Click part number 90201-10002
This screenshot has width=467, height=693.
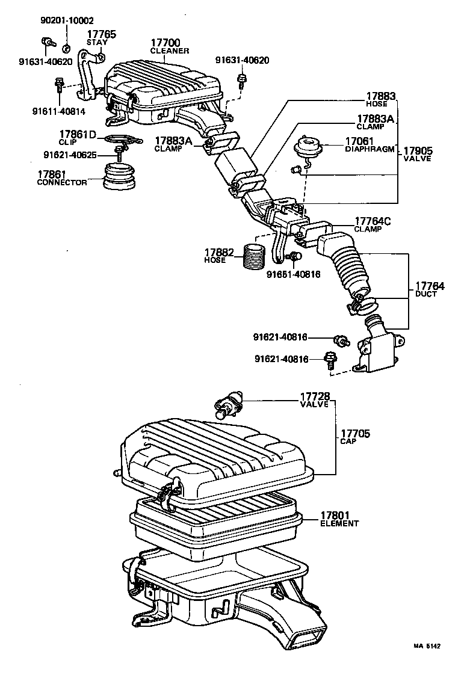pyautogui.click(x=67, y=20)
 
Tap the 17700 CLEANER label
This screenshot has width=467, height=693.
pyautogui.click(x=169, y=46)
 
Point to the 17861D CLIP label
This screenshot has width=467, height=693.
pyautogui.click(x=78, y=137)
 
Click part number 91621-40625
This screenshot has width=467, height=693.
pyautogui.click(x=78, y=155)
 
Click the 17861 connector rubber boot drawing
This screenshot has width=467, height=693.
pyautogui.click(x=120, y=176)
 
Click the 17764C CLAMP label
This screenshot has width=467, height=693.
pyautogui.click(x=373, y=224)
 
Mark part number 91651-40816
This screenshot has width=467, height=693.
pyautogui.click(x=294, y=274)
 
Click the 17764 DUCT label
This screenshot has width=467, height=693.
pyautogui.click(x=430, y=289)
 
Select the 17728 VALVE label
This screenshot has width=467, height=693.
pyautogui.click(x=315, y=401)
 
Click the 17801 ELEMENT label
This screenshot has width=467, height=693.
pyautogui.click(x=339, y=519)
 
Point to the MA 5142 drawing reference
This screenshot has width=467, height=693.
pyautogui.click(x=427, y=646)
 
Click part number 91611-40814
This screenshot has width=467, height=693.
pyautogui.click(x=59, y=110)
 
